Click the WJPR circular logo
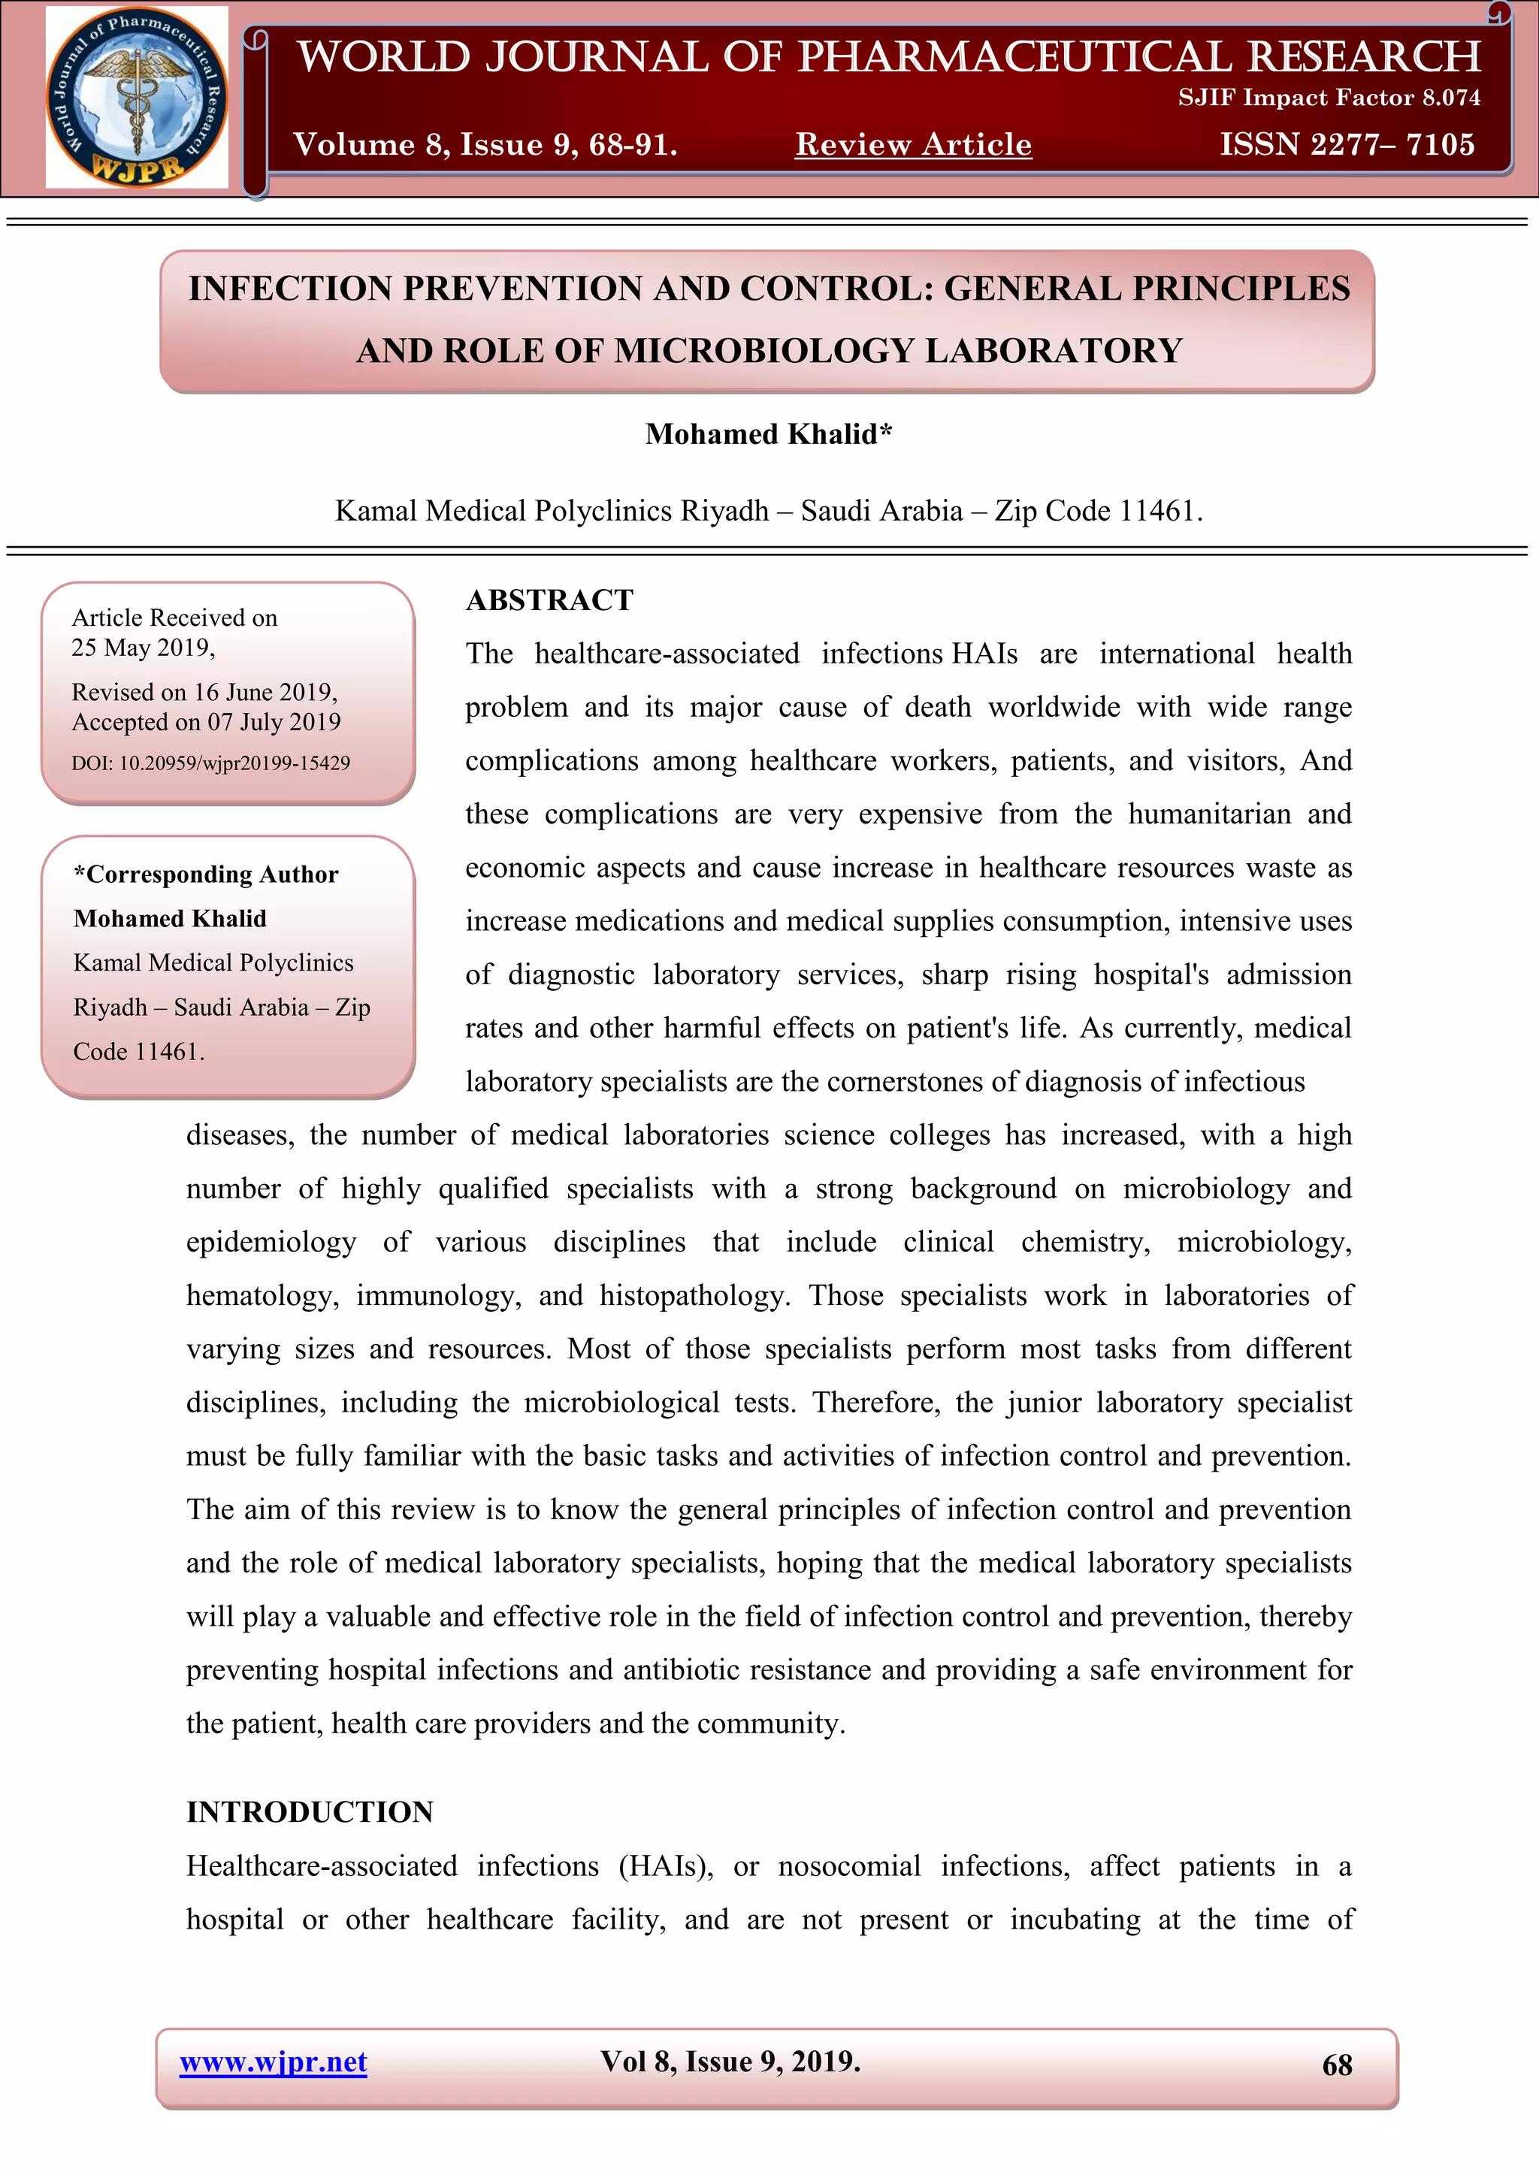click(x=137, y=97)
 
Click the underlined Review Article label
click(x=912, y=144)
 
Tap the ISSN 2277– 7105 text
click(x=1347, y=144)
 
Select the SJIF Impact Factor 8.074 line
click(x=1329, y=98)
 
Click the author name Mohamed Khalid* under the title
click(x=769, y=433)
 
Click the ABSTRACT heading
click(x=549, y=600)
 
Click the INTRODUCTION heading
click(x=310, y=1811)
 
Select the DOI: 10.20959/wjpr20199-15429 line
click(x=210, y=763)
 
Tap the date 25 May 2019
click(x=142, y=648)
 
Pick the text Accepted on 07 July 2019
click(x=206, y=722)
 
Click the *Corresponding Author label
click(x=206, y=875)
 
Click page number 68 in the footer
click(x=1336, y=2065)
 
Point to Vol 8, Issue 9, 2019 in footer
click(x=730, y=2062)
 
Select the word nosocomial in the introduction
click(x=849, y=1865)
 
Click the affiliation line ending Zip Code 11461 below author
click(x=769, y=511)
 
